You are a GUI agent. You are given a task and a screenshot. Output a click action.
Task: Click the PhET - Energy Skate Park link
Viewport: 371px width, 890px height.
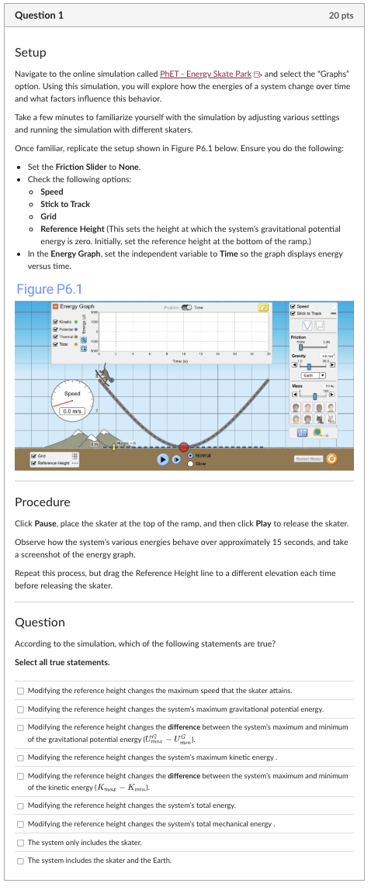pyautogui.click(x=205, y=73)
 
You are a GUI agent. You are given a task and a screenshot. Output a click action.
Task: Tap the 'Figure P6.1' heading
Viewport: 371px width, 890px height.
pyautogui.click(x=49, y=289)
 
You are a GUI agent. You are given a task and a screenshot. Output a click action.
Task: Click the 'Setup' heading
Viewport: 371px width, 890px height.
pyautogui.click(x=30, y=52)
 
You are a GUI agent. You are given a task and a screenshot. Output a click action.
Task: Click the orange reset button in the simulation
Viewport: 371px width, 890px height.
pyautogui.click(x=333, y=459)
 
